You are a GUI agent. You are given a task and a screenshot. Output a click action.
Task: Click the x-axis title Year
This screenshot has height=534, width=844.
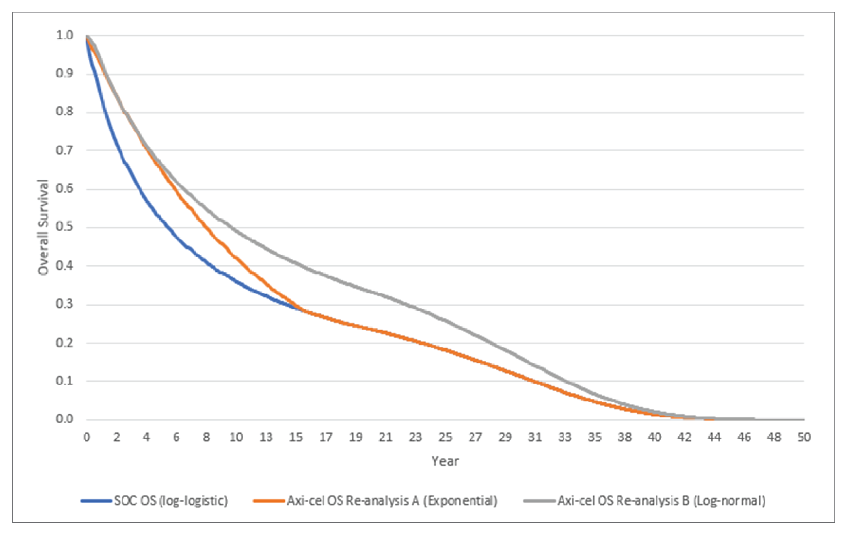pos(445,461)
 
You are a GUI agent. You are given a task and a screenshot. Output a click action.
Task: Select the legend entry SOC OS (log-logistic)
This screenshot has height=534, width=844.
pos(171,501)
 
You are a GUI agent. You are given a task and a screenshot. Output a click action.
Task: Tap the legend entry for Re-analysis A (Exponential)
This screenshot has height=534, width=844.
pos(392,501)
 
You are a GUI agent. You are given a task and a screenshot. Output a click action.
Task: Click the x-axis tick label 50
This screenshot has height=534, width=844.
pos(804,437)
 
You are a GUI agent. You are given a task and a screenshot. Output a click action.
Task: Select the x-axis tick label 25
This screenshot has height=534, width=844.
pos(445,437)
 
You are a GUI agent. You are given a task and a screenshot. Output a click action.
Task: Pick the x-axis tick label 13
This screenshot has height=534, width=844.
pos(266,437)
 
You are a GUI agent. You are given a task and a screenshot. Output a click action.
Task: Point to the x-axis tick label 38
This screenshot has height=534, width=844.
pos(625,437)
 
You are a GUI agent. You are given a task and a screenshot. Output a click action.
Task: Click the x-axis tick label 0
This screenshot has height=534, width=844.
pos(87,437)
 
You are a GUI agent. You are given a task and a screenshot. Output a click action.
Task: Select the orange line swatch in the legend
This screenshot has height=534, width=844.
pos(269,501)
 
